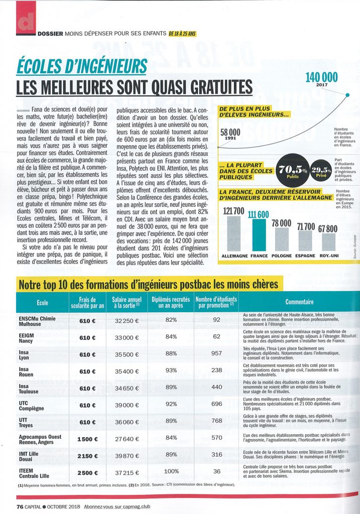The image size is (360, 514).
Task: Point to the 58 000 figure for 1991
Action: [x=230, y=133]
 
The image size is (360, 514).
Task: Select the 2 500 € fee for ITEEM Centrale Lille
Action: [x=87, y=473]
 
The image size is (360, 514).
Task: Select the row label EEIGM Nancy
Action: [x=28, y=337]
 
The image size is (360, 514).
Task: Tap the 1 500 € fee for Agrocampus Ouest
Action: [x=87, y=439]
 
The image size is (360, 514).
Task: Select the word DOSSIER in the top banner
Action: [x=50, y=34]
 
